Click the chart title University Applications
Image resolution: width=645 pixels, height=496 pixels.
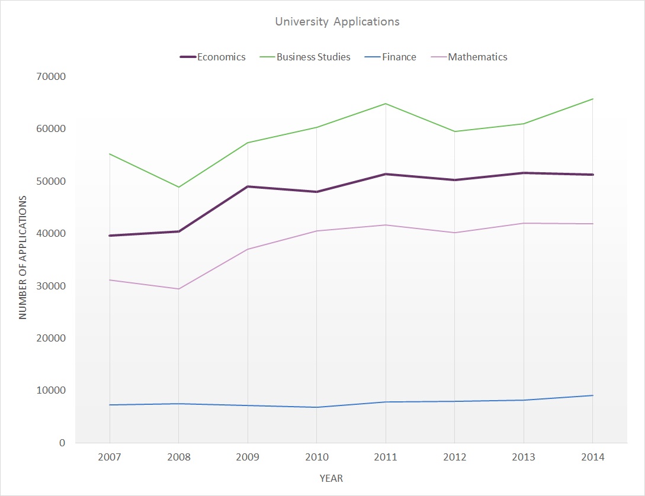pyautogui.click(x=337, y=22)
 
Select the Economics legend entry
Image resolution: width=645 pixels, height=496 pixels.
pyautogui.click(x=221, y=57)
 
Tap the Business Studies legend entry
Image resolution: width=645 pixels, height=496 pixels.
pyautogui.click(x=313, y=57)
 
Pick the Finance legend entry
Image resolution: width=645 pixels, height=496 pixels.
pyautogui.click(x=399, y=57)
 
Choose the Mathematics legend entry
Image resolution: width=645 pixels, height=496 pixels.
pyautogui.click(x=477, y=57)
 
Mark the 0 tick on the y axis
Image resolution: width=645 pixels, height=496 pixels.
pyautogui.click(x=62, y=443)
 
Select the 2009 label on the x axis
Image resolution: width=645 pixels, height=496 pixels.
pyautogui.click(x=247, y=458)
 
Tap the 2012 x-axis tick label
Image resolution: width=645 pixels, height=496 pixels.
pyautogui.click(x=454, y=458)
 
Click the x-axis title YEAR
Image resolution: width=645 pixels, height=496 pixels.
pyautogui.click(x=331, y=478)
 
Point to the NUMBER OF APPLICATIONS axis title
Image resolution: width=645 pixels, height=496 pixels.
pyautogui.click(x=23, y=257)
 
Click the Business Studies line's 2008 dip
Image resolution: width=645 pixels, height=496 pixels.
pyautogui.click(x=178, y=187)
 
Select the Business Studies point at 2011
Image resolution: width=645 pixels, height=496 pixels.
pyautogui.click(x=386, y=104)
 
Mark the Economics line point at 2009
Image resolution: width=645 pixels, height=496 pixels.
pyautogui.click(x=247, y=186)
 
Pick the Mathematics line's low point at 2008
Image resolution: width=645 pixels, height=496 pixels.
pyautogui.click(x=178, y=289)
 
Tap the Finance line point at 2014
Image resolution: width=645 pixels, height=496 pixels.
pyautogui.click(x=592, y=395)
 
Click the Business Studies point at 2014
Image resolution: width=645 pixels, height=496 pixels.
pyautogui.click(x=592, y=99)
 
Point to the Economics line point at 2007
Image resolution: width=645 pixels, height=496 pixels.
pyautogui.click(x=110, y=236)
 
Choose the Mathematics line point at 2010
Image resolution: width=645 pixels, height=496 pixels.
pyautogui.click(x=316, y=231)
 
